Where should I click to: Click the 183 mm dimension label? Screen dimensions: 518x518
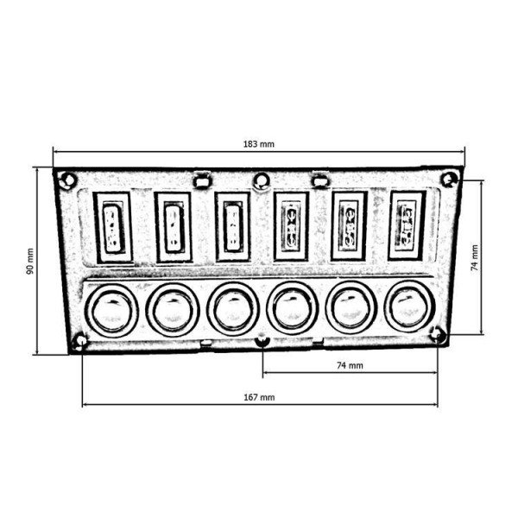[x=259, y=142]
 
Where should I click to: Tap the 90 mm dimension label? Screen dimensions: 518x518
[x=29, y=259]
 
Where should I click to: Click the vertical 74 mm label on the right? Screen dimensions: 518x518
[x=474, y=256]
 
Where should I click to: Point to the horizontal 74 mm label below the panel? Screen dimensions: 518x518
[x=350, y=366]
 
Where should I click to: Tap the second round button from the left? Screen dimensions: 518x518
[x=172, y=306]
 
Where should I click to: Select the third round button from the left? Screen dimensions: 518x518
[x=232, y=306]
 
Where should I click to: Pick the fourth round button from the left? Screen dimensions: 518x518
[x=291, y=306]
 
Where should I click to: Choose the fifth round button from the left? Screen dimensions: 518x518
[x=349, y=306]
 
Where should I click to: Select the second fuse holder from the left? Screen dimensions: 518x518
[x=173, y=225]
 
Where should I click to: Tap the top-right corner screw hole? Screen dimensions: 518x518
[x=447, y=179]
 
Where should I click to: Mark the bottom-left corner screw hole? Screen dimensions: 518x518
[x=80, y=340]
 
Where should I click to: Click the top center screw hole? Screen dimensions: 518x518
[x=261, y=180]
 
